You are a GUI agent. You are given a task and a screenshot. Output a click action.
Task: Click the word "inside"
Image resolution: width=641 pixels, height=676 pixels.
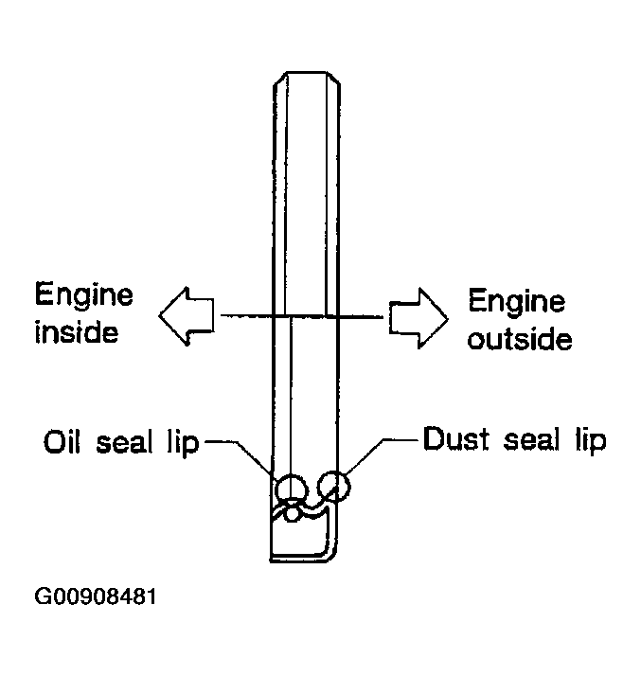[77, 332]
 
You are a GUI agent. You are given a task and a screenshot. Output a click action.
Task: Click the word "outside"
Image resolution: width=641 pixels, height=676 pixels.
[520, 339]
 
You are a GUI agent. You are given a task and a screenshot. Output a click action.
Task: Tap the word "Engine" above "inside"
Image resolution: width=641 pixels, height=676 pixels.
[83, 296]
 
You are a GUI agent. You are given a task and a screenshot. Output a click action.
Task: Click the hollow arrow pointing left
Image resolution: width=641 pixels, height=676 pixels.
[187, 315]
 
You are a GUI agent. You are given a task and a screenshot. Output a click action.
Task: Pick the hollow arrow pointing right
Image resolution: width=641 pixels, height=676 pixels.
[418, 318]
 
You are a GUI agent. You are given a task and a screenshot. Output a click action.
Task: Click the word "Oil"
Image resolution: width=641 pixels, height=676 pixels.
[62, 441]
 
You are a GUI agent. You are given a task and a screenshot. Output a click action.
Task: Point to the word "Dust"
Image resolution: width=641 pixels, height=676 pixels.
[456, 439]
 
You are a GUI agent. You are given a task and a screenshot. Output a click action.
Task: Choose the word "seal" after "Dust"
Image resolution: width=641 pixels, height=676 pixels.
[531, 439]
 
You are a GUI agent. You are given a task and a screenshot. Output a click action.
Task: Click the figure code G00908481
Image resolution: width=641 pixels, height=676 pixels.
[95, 596]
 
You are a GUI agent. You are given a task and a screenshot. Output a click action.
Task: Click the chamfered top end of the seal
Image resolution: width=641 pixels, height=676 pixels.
[307, 72]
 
